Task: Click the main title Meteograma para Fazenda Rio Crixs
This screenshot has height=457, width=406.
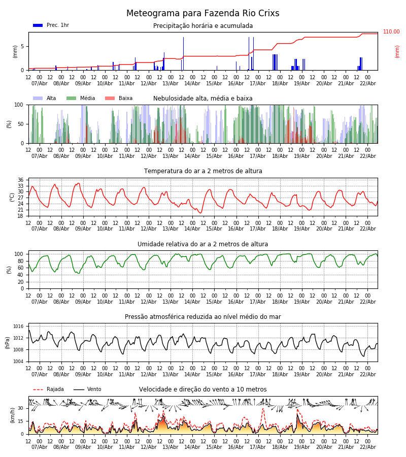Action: (202, 14)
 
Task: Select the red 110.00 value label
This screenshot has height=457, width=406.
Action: (391, 32)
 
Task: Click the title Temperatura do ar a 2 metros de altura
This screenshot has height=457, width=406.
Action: (203, 171)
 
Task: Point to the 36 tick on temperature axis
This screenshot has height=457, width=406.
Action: (21, 180)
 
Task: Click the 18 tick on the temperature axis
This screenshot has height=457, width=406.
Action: (21, 216)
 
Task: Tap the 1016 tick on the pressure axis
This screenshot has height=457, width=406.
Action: (18, 327)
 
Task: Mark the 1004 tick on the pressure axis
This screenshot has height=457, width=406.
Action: (18, 362)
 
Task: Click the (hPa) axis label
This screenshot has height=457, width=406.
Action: (8, 342)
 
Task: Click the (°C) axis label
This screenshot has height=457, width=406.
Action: (12, 197)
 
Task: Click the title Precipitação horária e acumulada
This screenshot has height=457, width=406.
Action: (203, 26)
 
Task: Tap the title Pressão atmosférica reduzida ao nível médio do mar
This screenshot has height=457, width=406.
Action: (203, 317)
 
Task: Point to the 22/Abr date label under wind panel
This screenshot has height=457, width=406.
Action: (367, 447)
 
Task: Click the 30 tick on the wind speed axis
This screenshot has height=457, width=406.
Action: (21, 408)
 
